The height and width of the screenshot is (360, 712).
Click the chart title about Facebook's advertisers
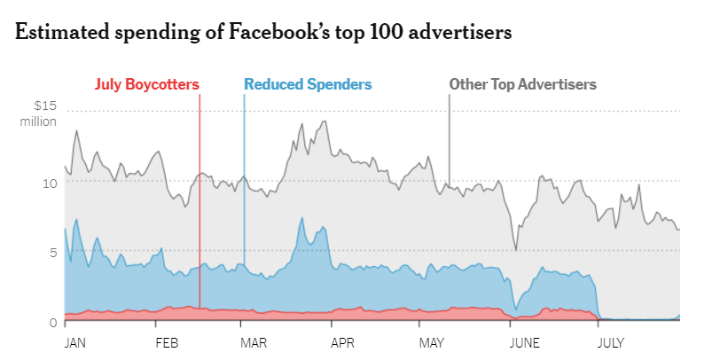click(x=262, y=33)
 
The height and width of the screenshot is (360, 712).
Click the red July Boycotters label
click(x=146, y=85)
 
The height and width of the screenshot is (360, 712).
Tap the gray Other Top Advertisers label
click(x=522, y=85)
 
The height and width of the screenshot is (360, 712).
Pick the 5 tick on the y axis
click(x=52, y=252)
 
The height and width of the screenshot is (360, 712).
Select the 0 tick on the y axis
click(x=52, y=322)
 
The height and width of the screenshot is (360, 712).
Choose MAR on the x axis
click(x=255, y=341)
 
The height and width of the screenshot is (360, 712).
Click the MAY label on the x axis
click(x=432, y=341)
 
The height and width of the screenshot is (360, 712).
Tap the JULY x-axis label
click(x=611, y=341)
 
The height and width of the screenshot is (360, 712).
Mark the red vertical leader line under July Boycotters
click(x=200, y=195)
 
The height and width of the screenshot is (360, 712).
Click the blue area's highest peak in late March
click(x=302, y=218)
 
